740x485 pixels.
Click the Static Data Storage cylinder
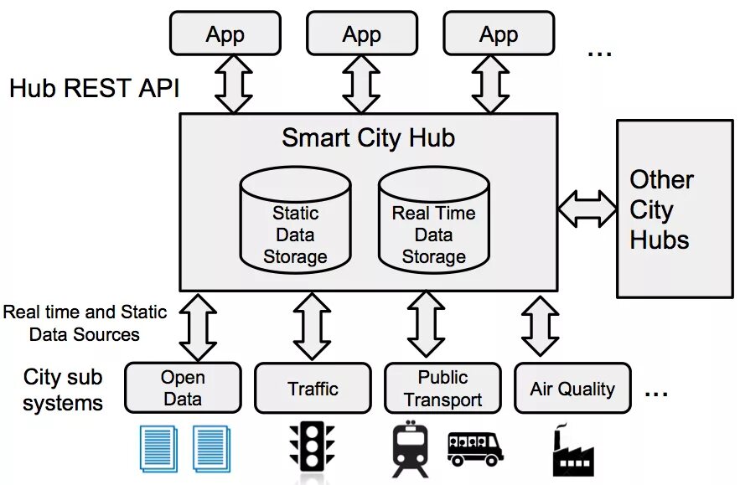[x=295, y=222]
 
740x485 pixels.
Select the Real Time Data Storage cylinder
[x=433, y=222]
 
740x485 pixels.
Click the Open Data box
[x=183, y=388]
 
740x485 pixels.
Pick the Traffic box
[x=313, y=389]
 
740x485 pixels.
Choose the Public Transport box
[x=442, y=389]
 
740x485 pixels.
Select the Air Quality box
[x=572, y=389]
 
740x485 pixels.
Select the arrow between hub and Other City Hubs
[x=587, y=208]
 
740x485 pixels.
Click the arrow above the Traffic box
[x=312, y=326]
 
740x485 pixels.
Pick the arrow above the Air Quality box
[x=540, y=326]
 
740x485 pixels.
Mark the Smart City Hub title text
[x=368, y=137]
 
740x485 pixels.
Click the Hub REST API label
[x=94, y=88]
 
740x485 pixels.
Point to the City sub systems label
[x=63, y=390]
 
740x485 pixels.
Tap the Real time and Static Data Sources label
[x=85, y=323]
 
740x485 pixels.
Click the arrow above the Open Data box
[x=199, y=326]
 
